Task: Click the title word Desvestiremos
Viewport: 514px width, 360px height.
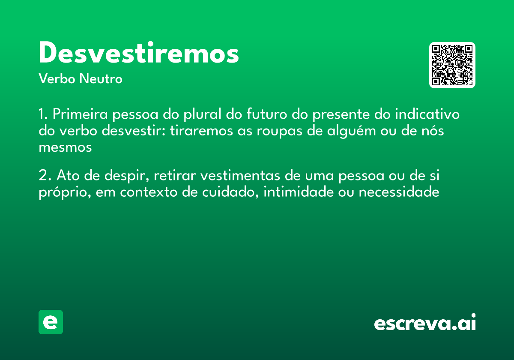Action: [x=138, y=54]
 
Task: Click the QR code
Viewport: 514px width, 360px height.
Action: [x=452, y=65]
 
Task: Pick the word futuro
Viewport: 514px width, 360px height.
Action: [x=266, y=115]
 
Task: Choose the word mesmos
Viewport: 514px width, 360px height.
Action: [x=65, y=147]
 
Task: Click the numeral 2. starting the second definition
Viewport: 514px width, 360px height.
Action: [x=45, y=176]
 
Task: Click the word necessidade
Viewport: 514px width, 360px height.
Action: [x=399, y=192]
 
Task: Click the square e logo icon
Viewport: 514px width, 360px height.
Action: [x=51, y=322]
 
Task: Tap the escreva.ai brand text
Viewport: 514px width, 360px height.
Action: [x=425, y=323]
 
